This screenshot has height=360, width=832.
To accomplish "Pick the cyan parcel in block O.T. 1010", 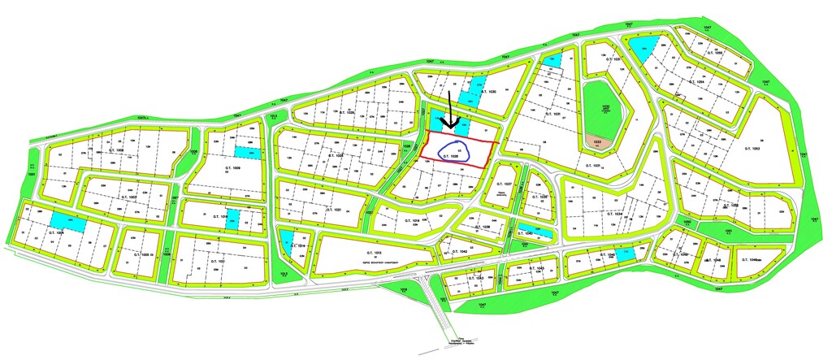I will click(232, 219).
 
